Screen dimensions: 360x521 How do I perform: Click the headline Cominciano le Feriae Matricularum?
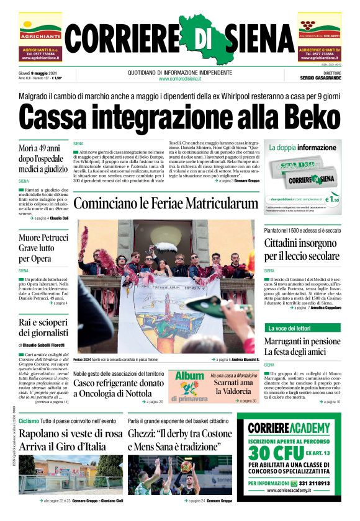pos(165,203)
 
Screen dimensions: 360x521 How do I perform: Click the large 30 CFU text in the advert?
pos(288,450)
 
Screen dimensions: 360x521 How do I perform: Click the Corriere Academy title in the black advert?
pos(288,428)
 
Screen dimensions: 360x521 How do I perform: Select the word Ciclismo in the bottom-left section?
pos(29,421)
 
